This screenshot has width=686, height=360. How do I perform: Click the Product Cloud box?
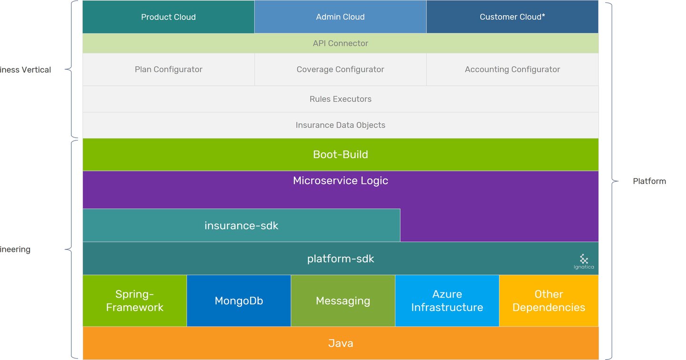click(168, 17)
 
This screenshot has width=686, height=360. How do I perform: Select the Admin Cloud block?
click(340, 17)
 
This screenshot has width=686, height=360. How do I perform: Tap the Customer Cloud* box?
click(512, 17)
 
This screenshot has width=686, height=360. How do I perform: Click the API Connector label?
click(340, 43)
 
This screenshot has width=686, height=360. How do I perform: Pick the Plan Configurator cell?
click(168, 70)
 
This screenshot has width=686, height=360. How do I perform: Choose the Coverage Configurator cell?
click(340, 70)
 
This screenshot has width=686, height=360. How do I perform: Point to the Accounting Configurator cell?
click(512, 70)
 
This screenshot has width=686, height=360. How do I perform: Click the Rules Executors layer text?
click(340, 99)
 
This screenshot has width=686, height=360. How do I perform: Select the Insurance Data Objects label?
click(340, 125)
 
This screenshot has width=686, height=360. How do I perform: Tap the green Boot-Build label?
click(340, 155)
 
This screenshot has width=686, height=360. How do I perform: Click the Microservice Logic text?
click(340, 181)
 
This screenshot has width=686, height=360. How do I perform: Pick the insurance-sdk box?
click(241, 225)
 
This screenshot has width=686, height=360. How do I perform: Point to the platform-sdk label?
click(340, 259)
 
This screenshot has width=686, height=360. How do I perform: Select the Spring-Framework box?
click(134, 301)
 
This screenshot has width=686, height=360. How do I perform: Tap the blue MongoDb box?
click(239, 301)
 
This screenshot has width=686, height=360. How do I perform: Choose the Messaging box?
click(343, 301)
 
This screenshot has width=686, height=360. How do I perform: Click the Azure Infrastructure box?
click(447, 301)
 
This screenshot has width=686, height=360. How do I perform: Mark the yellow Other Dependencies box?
click(549, 301)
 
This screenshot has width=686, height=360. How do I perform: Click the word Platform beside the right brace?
click(649, 181)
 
